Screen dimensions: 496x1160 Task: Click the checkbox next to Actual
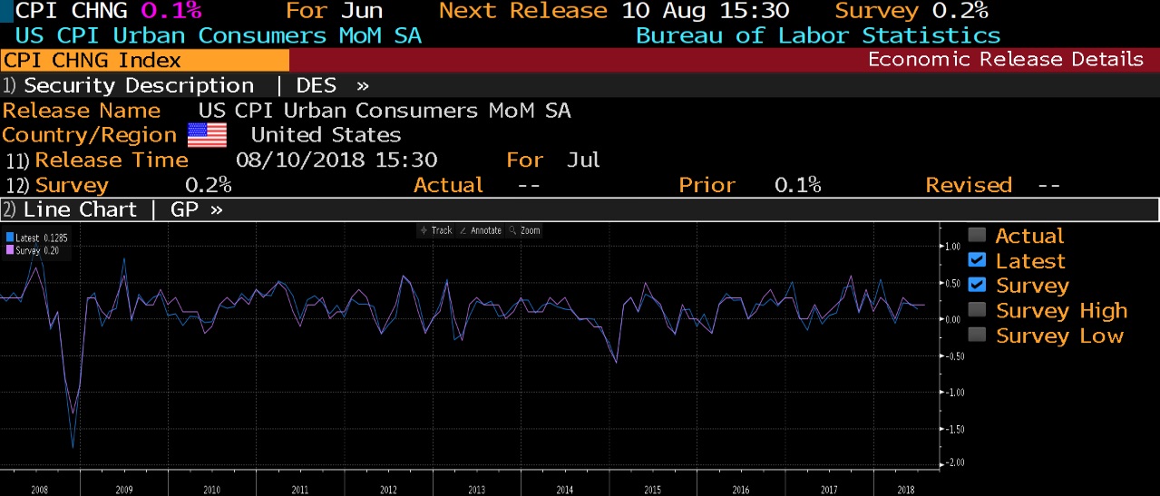(x=977, y=236)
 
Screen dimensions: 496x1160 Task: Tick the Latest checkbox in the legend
(x=977, y=261)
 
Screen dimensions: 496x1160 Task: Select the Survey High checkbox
(x=977, y=311)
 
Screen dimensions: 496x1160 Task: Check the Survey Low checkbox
(x=977, y=336)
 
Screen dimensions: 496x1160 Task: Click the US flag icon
(x=207, y=136)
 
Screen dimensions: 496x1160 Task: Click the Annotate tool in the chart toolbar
(x=481, y=230)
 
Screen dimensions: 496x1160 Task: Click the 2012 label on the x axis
(x=387, y=490)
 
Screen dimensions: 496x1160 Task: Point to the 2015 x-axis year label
(x=652, y=490)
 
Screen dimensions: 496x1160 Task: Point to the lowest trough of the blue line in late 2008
(x=73, y=447)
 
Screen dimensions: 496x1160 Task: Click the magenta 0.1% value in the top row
(x=171, y=11)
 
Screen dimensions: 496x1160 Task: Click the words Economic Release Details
(x=1005, y=60)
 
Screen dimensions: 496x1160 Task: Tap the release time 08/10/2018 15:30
(x=336, y=160)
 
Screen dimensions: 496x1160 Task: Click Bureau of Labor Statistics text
(x=817, y=35)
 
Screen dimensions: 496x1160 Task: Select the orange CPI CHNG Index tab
(x=144, y=61)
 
